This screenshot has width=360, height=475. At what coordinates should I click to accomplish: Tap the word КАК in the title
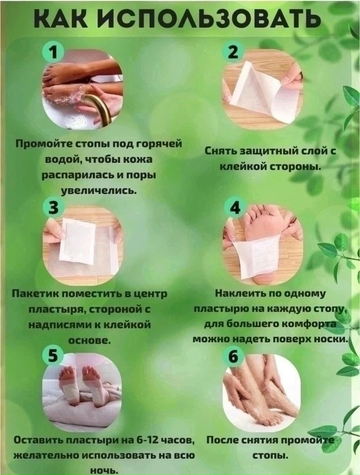62,19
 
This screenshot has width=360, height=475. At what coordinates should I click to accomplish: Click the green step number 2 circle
233,53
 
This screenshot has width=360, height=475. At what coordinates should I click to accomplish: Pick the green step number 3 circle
53,208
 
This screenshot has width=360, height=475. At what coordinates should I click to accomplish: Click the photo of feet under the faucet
83,90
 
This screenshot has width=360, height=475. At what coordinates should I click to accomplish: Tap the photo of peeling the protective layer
263,90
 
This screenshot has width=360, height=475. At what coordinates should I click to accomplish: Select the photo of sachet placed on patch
83,245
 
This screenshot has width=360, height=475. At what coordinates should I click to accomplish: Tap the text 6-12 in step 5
153,440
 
